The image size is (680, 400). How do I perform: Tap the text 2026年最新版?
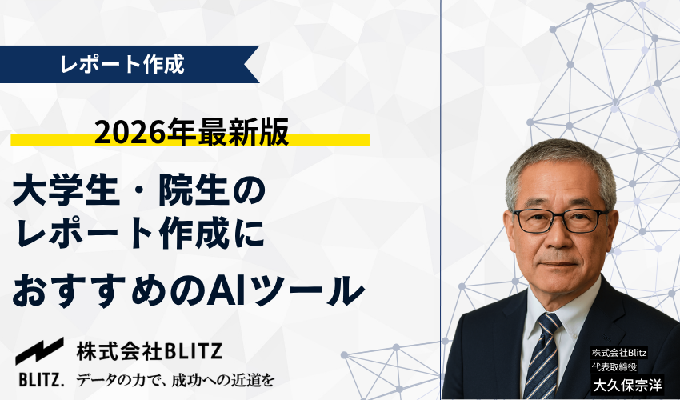click(191, 133)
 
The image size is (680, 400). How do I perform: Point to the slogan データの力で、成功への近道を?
click(175, 378)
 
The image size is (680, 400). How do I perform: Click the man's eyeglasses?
click(560, 219)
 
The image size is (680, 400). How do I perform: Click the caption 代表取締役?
click(614, 366)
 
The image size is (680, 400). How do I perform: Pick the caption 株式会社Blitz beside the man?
click(620, 353)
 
